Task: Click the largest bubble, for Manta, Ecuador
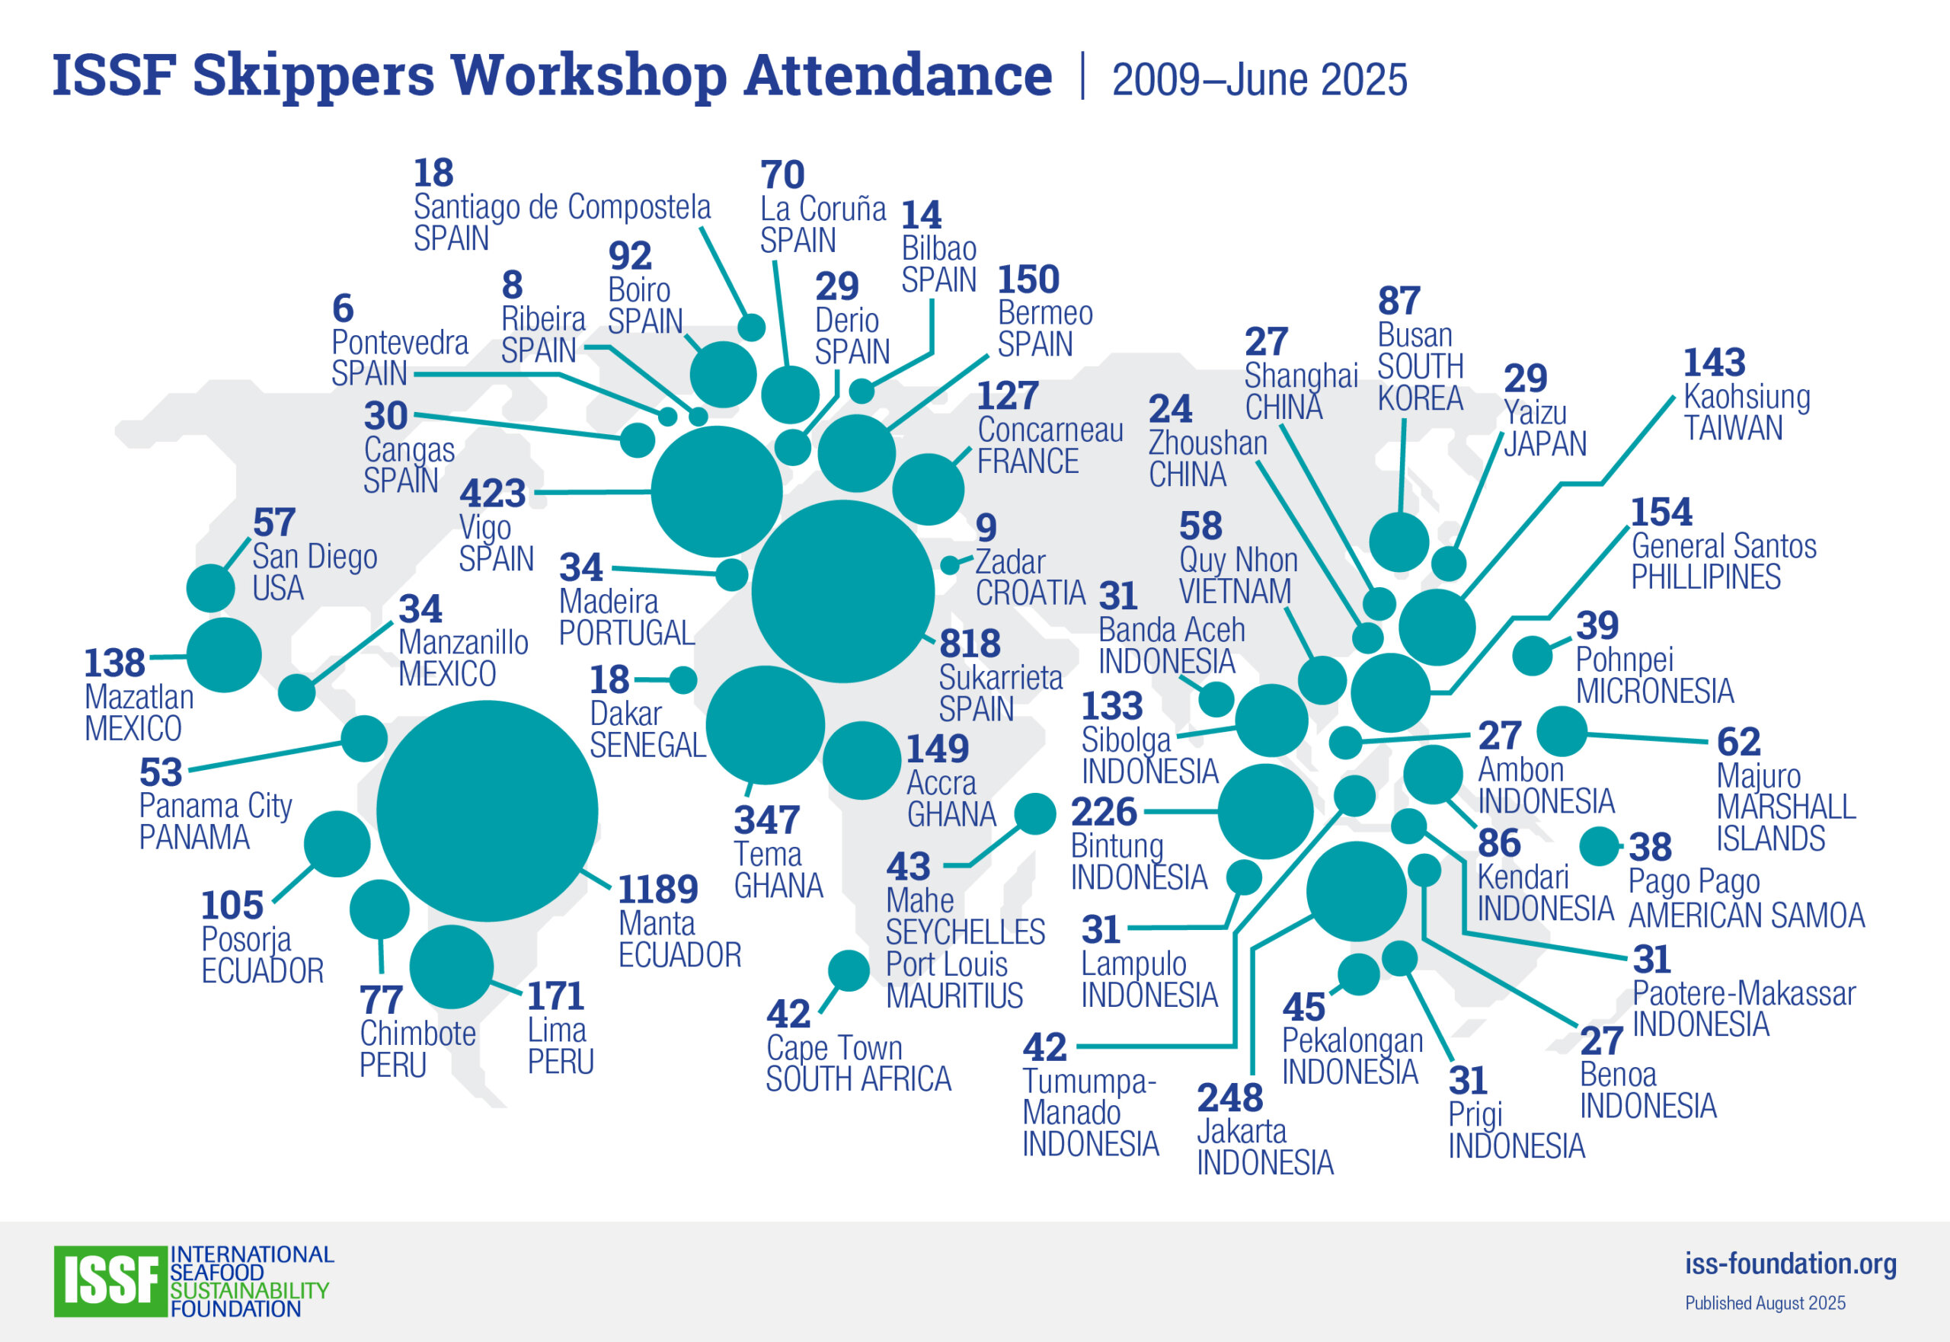487,810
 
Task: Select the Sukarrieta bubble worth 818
842,591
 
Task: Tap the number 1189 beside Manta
657,889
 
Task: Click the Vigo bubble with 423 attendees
717,492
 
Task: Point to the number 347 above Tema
766,820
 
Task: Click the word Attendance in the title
897,75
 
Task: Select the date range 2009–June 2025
1259,80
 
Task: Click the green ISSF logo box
110,1280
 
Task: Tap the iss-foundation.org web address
1790,1263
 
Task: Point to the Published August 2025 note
1764,1303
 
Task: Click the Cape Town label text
833,1048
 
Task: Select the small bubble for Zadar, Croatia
949,564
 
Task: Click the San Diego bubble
210,588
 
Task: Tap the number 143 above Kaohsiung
1714,363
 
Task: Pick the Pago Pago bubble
1599,847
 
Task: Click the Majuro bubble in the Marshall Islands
1562,730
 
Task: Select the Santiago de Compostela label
561,207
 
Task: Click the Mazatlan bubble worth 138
224,655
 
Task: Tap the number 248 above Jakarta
1229,1098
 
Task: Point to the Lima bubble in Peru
452,967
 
